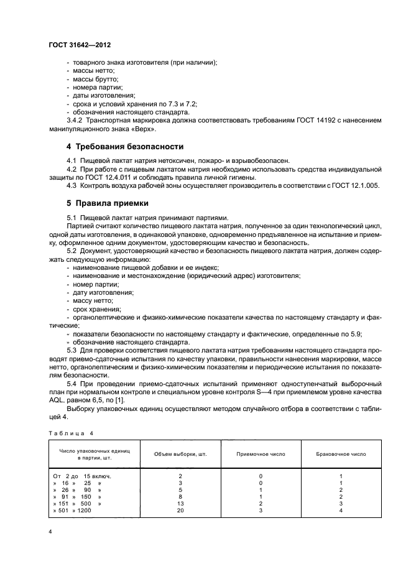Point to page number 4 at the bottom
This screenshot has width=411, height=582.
[x=50, y=533]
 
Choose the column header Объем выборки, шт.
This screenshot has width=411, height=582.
[x=180, y=454]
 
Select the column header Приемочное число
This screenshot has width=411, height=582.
[x=261, y=454]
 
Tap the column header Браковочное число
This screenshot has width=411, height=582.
[x=341, y=454]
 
